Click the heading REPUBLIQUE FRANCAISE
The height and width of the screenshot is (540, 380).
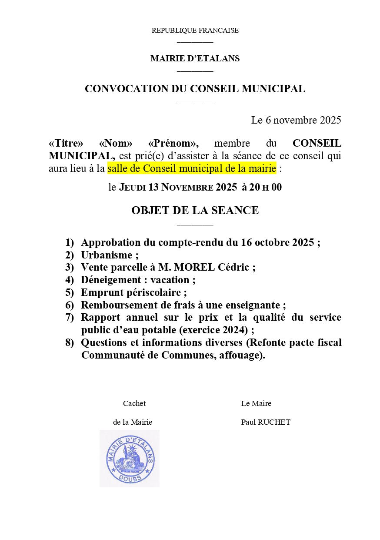point(195,30)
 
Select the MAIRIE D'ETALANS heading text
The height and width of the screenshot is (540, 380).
point(195,58)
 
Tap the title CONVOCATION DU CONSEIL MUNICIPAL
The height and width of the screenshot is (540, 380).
point(195,89)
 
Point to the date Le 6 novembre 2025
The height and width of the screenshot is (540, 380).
point(296,120)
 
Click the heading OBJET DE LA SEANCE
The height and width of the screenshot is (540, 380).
point(195,211)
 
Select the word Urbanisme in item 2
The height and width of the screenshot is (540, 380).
point(107,255)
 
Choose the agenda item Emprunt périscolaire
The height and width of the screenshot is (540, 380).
point(133,292)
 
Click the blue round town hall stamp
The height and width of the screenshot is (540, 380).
point(130,458)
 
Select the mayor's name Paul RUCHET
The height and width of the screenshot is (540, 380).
point(266,422)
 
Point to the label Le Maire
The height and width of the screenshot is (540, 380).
point(256,403)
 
